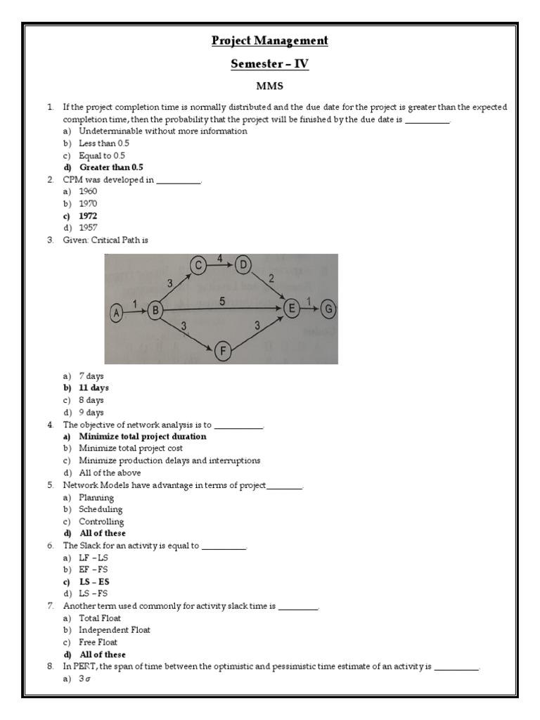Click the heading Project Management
point(270,41)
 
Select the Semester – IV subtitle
point(270,65)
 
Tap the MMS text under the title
point(270,86)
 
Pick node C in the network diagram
point(199,265)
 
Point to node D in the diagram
point(244,265)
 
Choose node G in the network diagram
point(328,309)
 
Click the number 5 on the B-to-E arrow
point(221,301)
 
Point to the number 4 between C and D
point(220,258)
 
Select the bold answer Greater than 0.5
point(110,167)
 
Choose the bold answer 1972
point(88,216)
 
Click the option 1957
point(88,228)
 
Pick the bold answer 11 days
point(94,387)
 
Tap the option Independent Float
point(114,630)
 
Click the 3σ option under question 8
point(86,679)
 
